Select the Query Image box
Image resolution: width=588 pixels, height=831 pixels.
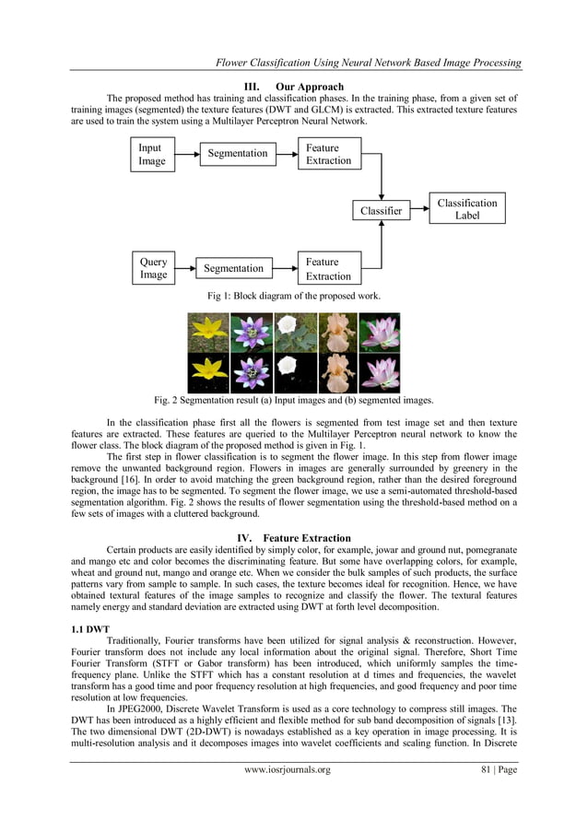pos(153,268)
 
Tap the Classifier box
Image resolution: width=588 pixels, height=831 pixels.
pos(382,211)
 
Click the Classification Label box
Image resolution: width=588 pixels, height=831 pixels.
pos(467,209)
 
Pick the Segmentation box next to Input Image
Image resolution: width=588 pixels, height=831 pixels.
pos(237,153)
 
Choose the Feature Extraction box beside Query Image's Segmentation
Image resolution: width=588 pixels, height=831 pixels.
pos(328,269)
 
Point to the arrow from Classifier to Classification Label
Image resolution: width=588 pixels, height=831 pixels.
pos(418,211)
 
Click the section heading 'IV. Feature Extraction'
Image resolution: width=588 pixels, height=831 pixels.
pos(293,537)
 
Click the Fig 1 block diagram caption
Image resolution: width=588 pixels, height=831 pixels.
pos(294,295)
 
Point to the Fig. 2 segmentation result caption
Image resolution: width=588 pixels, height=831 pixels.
pos(294,400)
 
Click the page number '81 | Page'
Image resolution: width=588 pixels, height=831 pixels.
pos(497,796)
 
